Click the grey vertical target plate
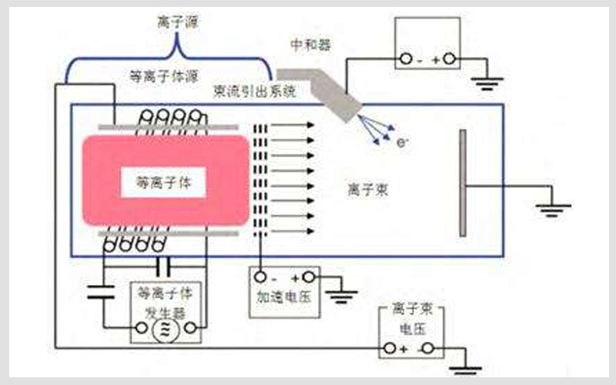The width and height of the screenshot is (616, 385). [462, 182]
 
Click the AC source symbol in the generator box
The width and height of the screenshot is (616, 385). [163, 331]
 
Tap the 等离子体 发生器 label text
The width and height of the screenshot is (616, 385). [162, 303]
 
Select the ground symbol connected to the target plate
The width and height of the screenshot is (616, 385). [553, 208]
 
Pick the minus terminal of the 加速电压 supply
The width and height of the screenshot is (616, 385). [261, 277]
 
